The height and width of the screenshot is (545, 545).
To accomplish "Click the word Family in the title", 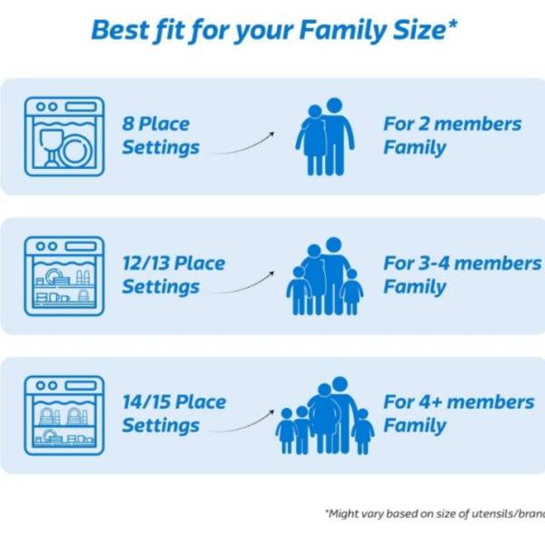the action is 342,31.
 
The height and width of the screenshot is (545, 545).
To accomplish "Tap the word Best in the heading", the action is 120,30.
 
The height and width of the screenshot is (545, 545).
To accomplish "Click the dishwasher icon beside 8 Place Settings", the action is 64,136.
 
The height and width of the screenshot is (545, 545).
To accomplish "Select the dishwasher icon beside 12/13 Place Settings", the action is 64,276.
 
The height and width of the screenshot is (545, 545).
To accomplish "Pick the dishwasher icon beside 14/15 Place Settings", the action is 64,415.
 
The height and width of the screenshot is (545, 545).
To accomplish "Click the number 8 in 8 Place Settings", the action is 128,124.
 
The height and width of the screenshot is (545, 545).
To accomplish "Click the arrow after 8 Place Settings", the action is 243,146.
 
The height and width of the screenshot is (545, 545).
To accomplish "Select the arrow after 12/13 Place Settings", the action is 243,286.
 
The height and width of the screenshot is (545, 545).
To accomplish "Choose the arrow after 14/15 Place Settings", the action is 243,425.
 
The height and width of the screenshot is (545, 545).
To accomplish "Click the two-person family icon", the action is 325,136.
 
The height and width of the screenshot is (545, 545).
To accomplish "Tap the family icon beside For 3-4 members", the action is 325,276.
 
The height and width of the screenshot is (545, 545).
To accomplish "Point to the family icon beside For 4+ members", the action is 325,416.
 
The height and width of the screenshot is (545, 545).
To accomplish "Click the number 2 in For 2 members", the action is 423,124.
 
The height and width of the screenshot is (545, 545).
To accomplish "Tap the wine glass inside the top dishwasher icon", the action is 51,148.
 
